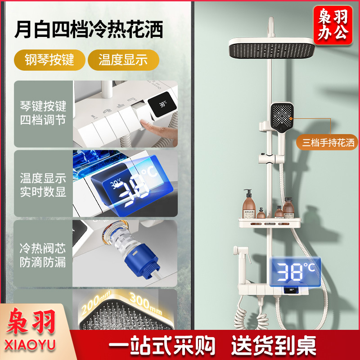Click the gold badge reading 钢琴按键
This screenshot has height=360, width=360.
tap(49, 60)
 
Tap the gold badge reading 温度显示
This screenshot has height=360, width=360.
tap(123, 60)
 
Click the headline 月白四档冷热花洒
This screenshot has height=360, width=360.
tap(89, 29)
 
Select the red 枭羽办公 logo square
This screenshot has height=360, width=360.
tap(333, 25)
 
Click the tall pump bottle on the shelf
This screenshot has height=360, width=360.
tap(249, 204)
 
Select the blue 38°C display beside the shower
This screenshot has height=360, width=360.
tap(295, 272)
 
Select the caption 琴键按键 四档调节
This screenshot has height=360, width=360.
tap(43, 113)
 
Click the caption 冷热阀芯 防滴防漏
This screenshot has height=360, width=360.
tap(43, 255)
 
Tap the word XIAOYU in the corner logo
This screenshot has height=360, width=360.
tap(30, 345)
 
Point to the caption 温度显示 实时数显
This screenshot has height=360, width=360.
tap(43, 185)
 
